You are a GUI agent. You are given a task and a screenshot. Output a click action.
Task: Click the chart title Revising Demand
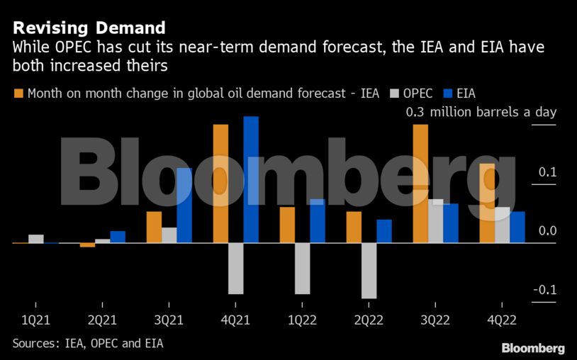pyautogui.click(x=89, y=28)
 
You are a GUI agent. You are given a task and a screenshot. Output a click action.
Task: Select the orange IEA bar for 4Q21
pyautogui.click(x=220, y=184)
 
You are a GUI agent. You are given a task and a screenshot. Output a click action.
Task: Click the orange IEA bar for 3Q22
pyautogui.click(x=420, y=184)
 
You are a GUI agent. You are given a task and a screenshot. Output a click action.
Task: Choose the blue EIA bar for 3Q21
pyautogui.click(x=184, y=205)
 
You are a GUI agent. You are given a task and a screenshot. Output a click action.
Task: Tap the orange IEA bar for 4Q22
pyautogui.click(x=487, y=203)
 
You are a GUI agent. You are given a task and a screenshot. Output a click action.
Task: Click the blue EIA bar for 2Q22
pyautogui.click(x=384, y=231)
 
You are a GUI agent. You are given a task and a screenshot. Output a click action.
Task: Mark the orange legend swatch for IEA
pyautogui.click(x=18, y=94)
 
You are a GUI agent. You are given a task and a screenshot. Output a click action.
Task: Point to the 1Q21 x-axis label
pyautogui.click(x=36, y=320)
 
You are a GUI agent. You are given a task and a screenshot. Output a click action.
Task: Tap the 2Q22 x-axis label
pyautogui.click(x=369, y=320)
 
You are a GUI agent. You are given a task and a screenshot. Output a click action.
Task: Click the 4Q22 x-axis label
pyautogui.click(x=502, y=320)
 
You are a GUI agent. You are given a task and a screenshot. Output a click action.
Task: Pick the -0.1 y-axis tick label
pyautogui.click(x=547, y=290)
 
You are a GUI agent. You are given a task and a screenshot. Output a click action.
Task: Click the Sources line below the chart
pyautogui.click(x=92, y=344)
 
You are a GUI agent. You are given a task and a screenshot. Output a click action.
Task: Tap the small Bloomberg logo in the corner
pyautogui.click(x=533, y=348)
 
